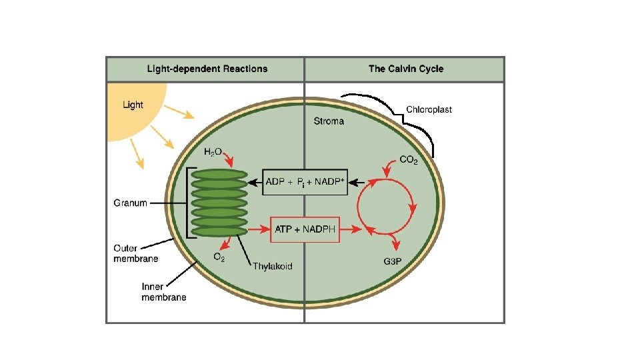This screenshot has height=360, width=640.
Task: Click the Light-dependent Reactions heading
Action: click(207, 69)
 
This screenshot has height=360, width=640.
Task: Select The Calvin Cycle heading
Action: click(406, 69)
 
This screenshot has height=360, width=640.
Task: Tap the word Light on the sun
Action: click(133, 105)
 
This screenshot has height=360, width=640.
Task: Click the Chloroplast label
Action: click(429, 109)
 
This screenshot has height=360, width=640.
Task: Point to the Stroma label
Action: click(329, 121)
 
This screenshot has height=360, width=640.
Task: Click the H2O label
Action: click(213, 152)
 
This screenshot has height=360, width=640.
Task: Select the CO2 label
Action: click(409, 159)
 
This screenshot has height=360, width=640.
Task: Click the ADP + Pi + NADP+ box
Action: click(305, 182)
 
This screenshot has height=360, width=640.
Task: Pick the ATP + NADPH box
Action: click(305, 229)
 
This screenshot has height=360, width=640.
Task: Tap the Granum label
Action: click(130, 203)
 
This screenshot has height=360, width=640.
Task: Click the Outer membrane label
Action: click(135, 253)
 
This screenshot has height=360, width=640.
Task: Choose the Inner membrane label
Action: click(164, 292)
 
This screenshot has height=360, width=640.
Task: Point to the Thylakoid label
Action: click(273, 266)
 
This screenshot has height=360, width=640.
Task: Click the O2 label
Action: click(219, 257)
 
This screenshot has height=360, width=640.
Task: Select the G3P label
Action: click(392, 261)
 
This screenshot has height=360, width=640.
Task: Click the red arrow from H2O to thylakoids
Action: click(229, 159)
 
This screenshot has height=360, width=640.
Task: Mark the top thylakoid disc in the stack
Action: click(219, 175)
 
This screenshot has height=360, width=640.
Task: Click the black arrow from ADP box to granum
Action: click(255, 183)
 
